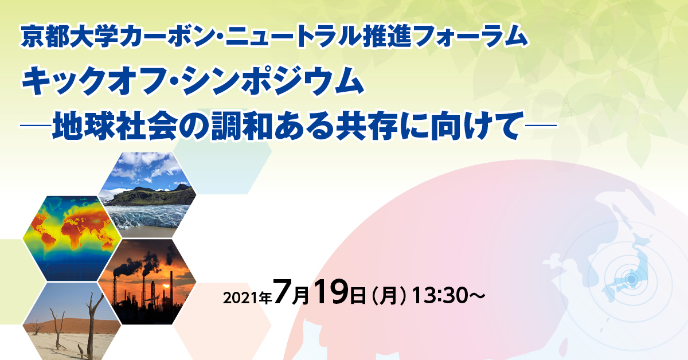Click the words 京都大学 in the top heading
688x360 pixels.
coord(70,37)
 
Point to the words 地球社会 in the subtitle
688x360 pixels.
coord(115,126)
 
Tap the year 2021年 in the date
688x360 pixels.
coord(247,298)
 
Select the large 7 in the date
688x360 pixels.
coord(282,292)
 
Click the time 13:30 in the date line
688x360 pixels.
coord(440,295)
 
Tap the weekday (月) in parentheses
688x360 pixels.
coord(389,295)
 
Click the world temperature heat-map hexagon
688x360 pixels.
coord(72,238)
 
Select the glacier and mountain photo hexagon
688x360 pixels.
coord(147,195)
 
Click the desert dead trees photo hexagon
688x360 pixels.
coord(72,321)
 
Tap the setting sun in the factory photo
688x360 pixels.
coord(166,287)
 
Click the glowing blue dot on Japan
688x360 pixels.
coord(631,279)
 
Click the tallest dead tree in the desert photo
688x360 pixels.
coord(92,326)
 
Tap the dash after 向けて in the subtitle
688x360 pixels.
coord(541,126)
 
